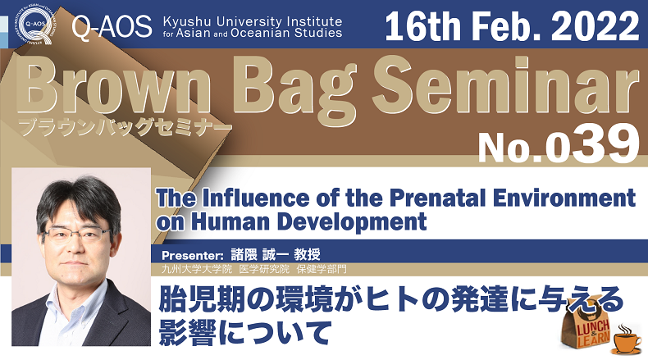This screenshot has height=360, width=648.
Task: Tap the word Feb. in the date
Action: (x=506, y=25)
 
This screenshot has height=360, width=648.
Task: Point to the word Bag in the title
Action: (x=294, y=93)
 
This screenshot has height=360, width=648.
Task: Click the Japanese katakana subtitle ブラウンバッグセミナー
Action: (x=124, y=127)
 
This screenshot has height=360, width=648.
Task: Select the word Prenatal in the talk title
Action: (x=437, y=198)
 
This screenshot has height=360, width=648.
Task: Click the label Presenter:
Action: (x=192, y=255)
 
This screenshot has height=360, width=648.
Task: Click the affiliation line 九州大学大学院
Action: (x=197, y=270)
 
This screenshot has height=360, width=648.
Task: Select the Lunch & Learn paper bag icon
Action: (x=587, y=328)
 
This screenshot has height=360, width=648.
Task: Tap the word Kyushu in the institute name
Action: (x=187, y=22)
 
